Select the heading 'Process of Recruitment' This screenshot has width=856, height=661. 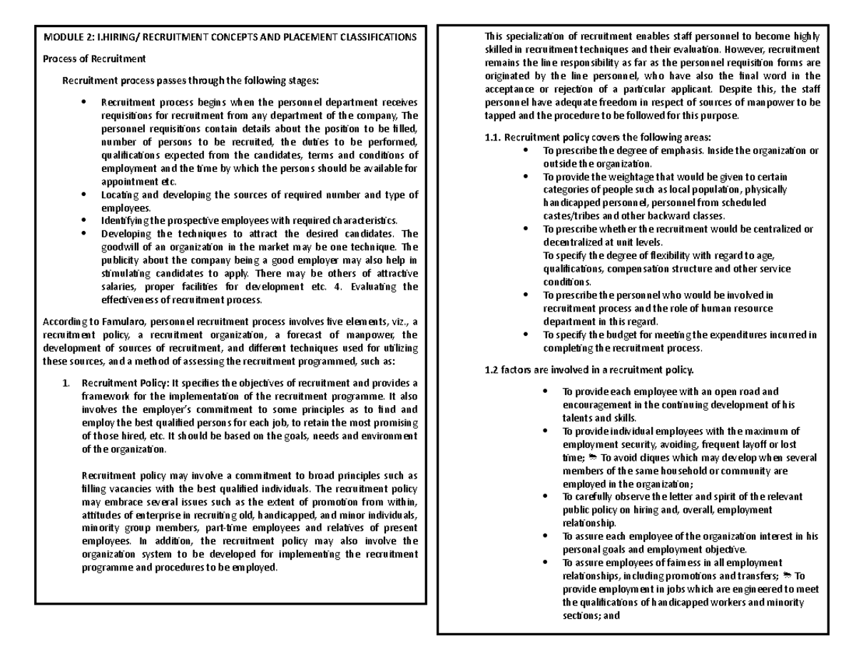95,58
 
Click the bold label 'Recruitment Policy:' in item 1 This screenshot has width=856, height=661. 125,384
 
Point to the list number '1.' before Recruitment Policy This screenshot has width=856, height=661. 67,384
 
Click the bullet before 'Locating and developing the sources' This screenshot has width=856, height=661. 84,195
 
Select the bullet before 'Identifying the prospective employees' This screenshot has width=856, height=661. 84,220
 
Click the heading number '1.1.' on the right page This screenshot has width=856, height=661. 494,138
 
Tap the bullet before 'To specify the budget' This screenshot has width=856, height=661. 526,334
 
